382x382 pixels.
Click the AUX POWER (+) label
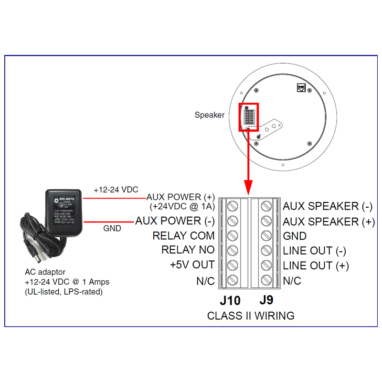pos(180,197)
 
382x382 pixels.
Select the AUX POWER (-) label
pos(175,221)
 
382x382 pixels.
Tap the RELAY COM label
pos(183,236)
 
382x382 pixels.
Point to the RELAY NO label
pos(188,250)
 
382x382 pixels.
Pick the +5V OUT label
pos(192,265)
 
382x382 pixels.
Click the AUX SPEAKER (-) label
pos(328,207)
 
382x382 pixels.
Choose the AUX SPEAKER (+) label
pos(328,222)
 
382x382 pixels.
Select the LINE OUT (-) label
pos(315,251)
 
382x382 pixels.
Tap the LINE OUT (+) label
pos(316,265)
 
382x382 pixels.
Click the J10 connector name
pos(230,301)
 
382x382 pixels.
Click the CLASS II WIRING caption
pos(251,316)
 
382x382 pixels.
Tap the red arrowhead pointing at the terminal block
pos(248,187)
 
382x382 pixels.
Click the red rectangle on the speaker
pos(248,117)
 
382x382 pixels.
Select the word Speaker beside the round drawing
pos(209,115)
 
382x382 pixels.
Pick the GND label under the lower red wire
pos(112,229)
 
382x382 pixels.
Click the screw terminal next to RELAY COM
pos(233,236)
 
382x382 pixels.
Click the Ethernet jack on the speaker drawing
pos(301,87)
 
